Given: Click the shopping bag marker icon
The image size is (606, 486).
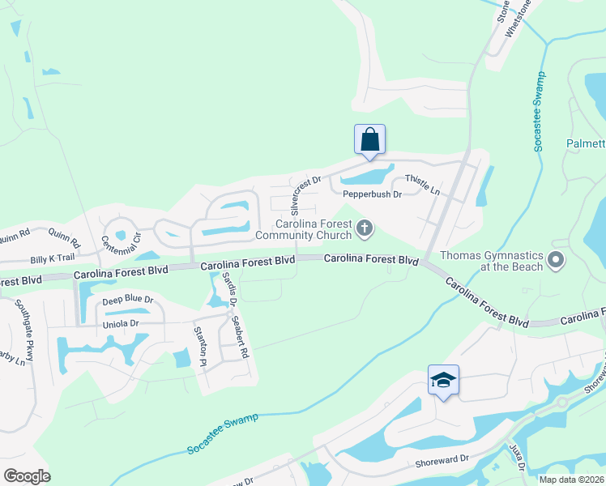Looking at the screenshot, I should (369, 139).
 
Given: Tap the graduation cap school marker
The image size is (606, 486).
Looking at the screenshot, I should (443, 380).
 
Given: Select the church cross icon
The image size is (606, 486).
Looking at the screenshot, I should (365, 230).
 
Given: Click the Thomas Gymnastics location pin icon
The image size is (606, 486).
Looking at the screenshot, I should (556, 260).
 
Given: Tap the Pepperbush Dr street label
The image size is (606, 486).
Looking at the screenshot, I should (372, 194).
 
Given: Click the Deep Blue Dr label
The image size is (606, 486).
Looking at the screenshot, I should (128, 300).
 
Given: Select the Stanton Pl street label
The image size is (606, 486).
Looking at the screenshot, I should (199, 346).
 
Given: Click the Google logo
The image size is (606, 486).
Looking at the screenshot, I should (27, 475).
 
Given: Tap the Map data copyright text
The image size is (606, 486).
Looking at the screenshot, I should (571, 479).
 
